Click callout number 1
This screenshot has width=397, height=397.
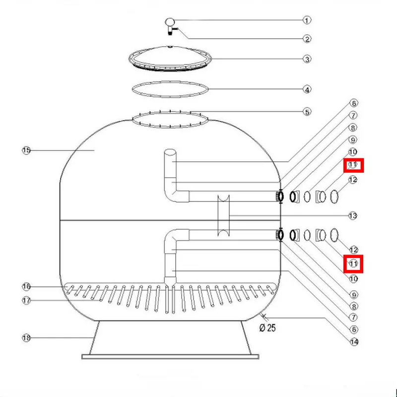pos(307,20)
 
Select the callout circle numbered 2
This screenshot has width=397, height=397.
pos(307,39)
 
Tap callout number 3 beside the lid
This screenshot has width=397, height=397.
pos(307,59)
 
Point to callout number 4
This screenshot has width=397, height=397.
pos(307,90)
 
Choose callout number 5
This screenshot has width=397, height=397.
pos(307,112)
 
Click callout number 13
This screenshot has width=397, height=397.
pos(353,216)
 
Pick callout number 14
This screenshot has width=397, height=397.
pos(353,341)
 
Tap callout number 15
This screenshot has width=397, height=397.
pos(26,150)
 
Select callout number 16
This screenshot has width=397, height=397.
pos(26,286)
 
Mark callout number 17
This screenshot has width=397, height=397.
pos(26,300)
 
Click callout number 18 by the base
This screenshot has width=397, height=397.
pos(26,338)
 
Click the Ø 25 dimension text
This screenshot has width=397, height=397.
pos(268,328)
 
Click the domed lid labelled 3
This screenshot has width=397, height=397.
pos(170,56)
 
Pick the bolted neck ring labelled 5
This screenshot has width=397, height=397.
pos(170,119)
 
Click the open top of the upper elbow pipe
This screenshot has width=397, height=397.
pos(170,153)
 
